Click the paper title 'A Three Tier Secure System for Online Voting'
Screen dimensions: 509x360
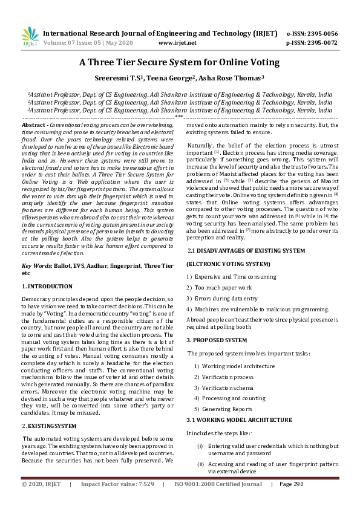[180, 62]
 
